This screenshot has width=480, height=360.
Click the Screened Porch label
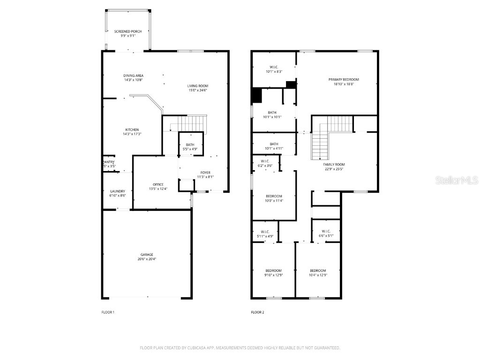point(127,31)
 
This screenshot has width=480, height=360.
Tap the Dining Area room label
point(134,75)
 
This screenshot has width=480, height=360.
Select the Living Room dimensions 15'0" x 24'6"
point(198,90)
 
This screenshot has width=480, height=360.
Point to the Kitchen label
point(132,130)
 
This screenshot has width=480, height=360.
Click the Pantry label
point(109,162)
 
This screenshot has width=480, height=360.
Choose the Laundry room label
point(118,191)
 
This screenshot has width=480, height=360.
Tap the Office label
point(157,184)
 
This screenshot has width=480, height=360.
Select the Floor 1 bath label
point(190,145)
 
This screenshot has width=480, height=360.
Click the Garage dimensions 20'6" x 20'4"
point(147,259)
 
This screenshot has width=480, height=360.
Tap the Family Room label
point(334,165)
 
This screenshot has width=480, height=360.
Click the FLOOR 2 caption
point(257,312)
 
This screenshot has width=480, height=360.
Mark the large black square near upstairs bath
point(256,95)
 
